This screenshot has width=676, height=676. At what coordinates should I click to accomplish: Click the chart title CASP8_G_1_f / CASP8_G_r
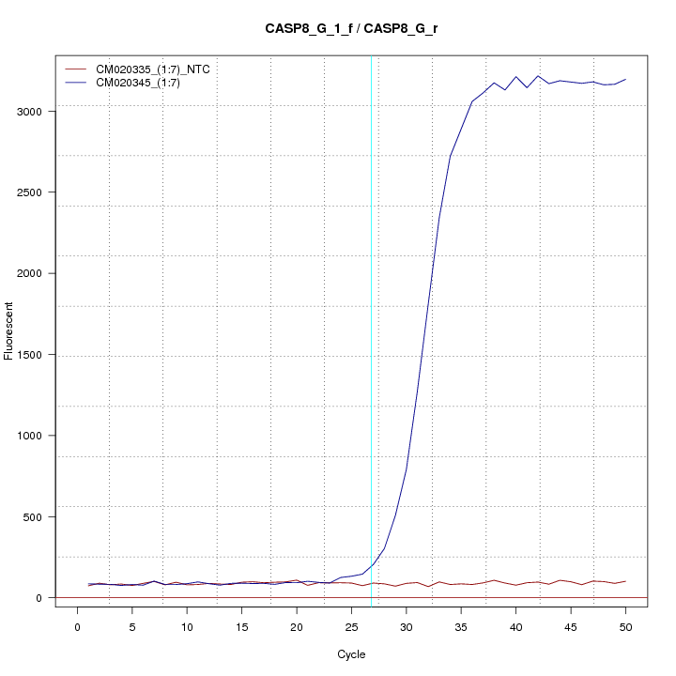[x=351, y=28]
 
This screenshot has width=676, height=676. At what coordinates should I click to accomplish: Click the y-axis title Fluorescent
[x=10, y=330]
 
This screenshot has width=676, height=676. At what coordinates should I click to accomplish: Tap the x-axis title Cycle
[x=350, y=654]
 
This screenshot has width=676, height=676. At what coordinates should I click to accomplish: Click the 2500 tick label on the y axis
[x=41, y=192]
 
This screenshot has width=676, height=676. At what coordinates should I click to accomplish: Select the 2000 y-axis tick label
[x=41, y=273]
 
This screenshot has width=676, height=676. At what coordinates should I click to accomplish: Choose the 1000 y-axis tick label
[x=41, y=436]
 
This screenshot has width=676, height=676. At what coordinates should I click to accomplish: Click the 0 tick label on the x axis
[x=77, y=626]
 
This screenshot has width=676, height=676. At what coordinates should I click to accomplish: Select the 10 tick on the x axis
[x=187, y=626]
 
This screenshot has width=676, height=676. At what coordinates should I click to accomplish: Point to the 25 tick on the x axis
[x=351, y=626]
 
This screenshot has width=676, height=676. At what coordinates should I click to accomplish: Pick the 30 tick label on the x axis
[x=406, y=626]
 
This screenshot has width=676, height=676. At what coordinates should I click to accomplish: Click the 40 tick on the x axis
[x=515, y=626]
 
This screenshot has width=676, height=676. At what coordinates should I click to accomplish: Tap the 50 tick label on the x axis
[x=625, y=626]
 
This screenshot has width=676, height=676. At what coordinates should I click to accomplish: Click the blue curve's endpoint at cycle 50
[x=625, y=80]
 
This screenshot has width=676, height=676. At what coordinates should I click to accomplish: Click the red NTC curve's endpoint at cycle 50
[x=625, y=581]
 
